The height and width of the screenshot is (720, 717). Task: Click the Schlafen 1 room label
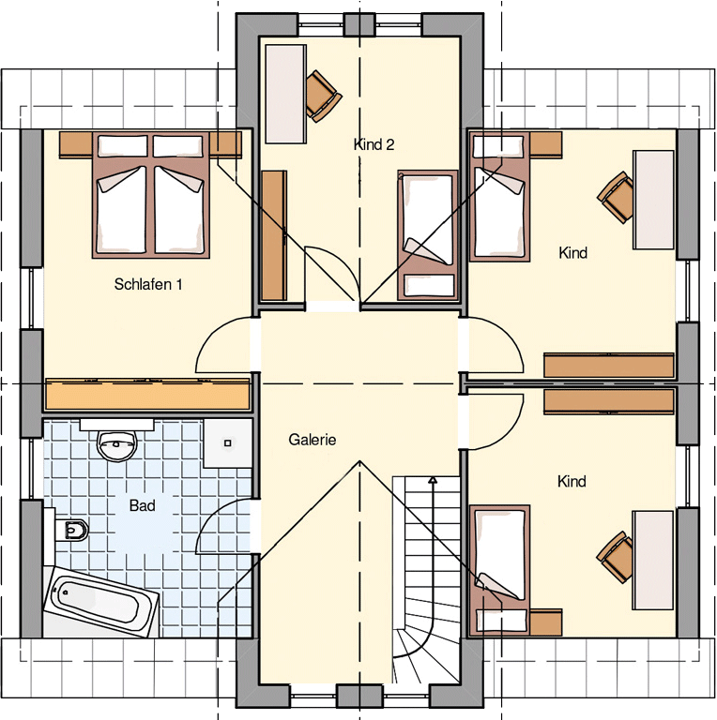148,284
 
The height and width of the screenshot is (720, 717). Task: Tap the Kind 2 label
374,144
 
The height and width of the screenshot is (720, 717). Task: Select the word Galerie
313,440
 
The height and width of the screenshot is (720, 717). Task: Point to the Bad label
142,505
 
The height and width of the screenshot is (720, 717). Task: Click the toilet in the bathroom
71,530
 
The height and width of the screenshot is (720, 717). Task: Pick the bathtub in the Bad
101,602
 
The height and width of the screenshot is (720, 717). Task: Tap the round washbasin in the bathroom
116,445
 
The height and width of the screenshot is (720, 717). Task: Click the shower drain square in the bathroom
227,443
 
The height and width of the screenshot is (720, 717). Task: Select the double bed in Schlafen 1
151,195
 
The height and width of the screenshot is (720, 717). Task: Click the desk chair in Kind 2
323,96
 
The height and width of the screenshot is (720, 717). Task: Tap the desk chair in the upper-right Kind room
616,198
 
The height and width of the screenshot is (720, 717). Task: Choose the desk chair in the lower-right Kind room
615,558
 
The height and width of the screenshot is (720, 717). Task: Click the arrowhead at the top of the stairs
432,480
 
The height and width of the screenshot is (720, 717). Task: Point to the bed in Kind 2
428,235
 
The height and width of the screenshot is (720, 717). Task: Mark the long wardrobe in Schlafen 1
147,394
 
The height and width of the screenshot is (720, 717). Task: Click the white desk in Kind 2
285,94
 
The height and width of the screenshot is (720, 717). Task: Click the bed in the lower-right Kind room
499,569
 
